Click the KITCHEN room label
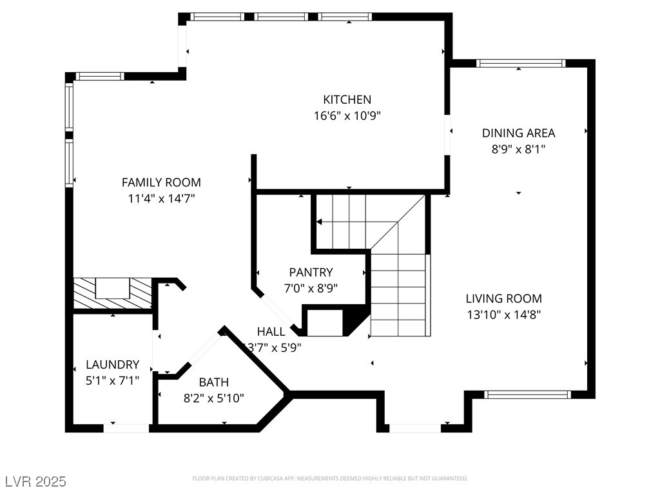[x=347, y=99]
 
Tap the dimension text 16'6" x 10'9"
[x=347, y=116]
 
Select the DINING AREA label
[x=518, y=133]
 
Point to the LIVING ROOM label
[x=503, y=298]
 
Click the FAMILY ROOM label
[x=161, y=182]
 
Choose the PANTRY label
[x=311, y=272]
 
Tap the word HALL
[x=271, y=331]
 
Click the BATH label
[x=213, y=382]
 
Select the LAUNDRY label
[x=112, y=364]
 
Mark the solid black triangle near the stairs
[x=353, y=320]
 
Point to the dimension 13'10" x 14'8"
[x=503, y=315]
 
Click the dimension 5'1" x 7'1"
[x=112, y=381]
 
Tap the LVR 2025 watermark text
[x=35, y=481]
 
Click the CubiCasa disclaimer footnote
[x=329, y=478]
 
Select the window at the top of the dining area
[x=520, y=63]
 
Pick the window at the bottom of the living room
[x=527, y=394]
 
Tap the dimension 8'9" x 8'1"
[x=518, y=150]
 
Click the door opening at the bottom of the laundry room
[x=126, y=427]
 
